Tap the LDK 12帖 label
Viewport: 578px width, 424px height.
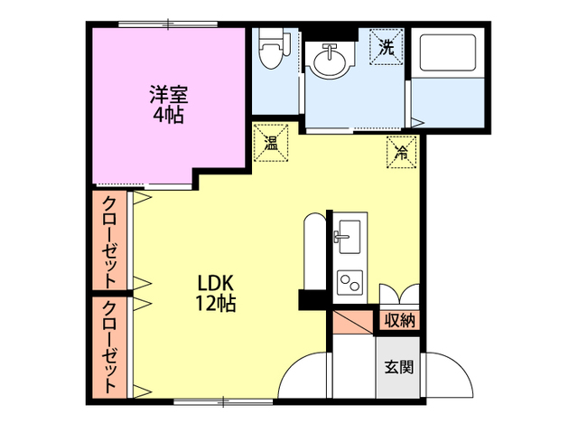[217, 292]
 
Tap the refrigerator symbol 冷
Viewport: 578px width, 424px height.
[400, 152]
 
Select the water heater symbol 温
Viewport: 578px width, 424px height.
[271, 141]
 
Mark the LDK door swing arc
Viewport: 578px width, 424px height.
[303, 371]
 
